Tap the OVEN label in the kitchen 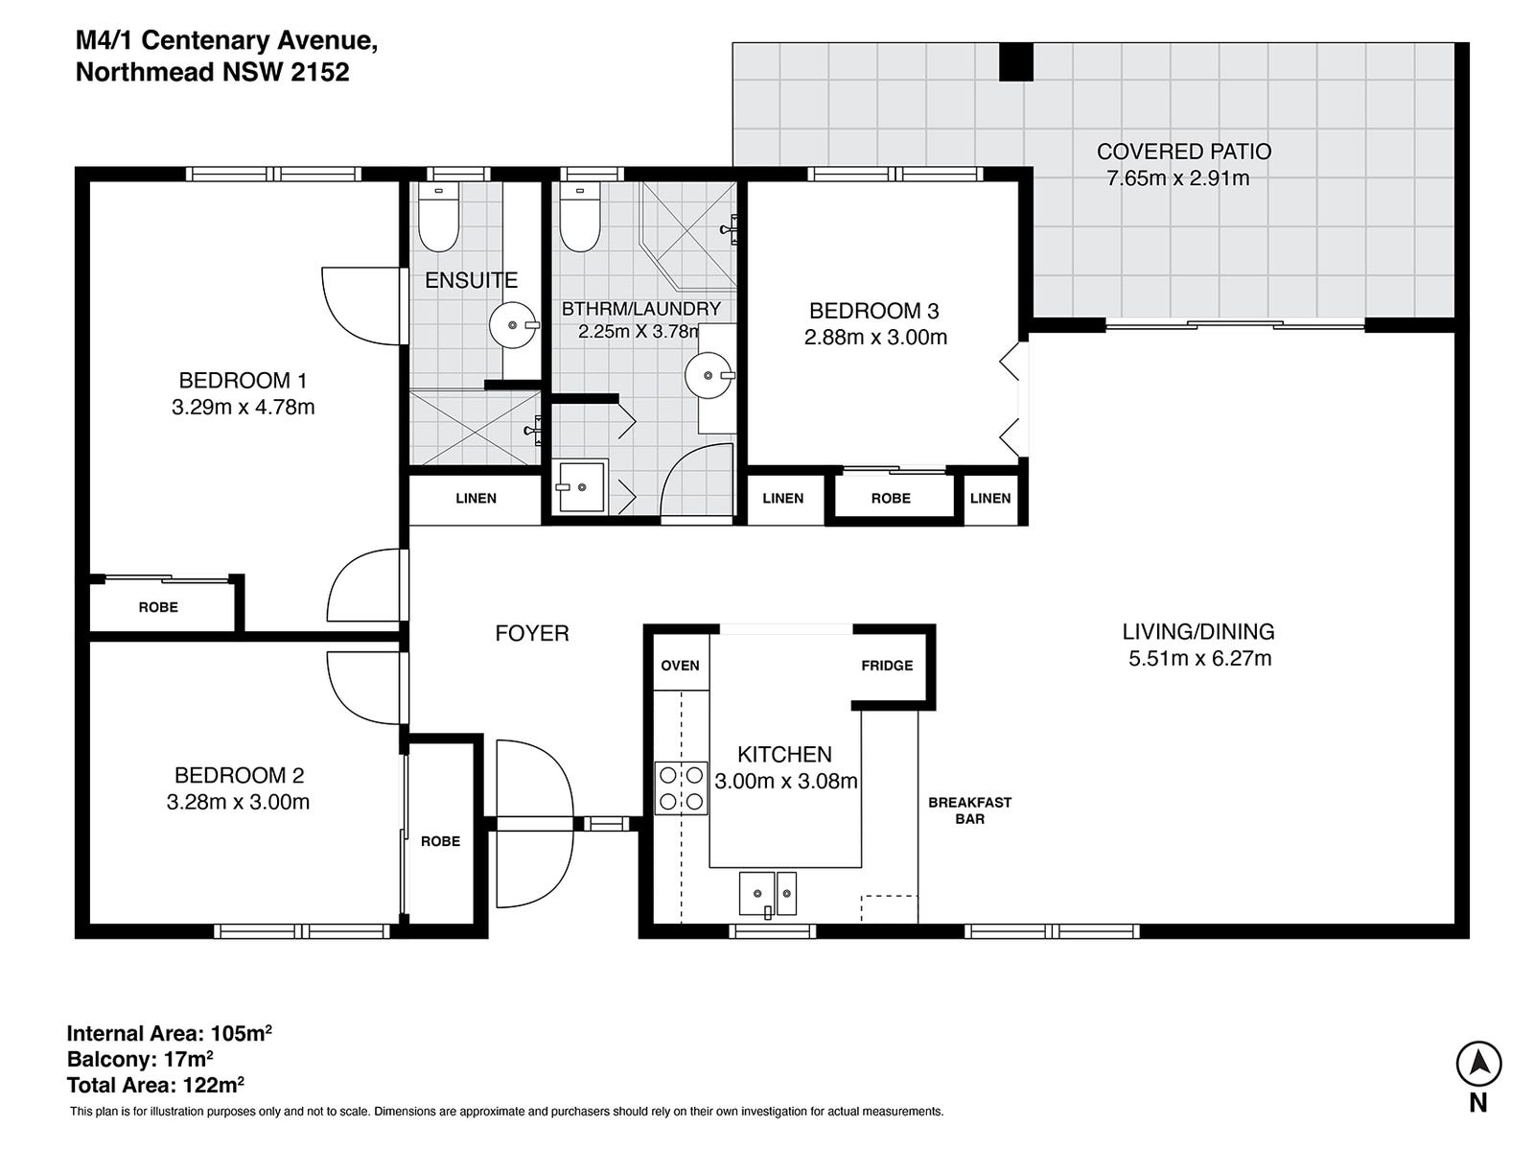(x=680, y=666)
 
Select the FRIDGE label (x=887, y=666)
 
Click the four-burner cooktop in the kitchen (x=681, y=787)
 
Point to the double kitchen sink (x=767, y=894)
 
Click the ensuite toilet (x=438, y=216)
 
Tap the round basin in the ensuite (x=513, y=324)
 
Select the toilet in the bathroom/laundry (x=579, y=218)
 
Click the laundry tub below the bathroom (x=581, y=487)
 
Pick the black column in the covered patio (x=1016, y=61)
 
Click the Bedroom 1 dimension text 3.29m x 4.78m (x=243, y=407)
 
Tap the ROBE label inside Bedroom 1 (x=158, y=607)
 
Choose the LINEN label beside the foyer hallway (x=476, y=498)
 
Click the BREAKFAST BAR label (x=969, y=810)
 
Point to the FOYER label (x=532, y=633)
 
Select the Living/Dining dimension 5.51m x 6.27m (x=1199, y=658)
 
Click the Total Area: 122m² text (x=155, y=1086)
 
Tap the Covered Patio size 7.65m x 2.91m (x=1177, y=178)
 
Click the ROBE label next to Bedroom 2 (x=440, y=841)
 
